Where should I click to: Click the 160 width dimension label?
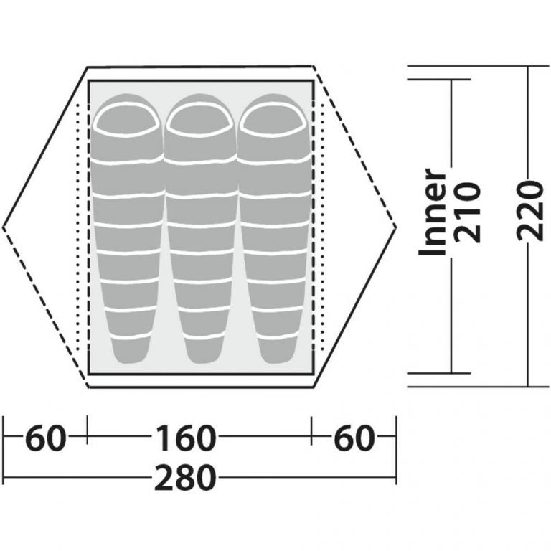click(x=185, y=438)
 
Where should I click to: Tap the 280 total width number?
click(x=185, y=478)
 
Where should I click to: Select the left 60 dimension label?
click(x=46, y=438)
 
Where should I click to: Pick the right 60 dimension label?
click(x=354, y=438)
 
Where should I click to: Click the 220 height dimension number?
click(x=529, y=210)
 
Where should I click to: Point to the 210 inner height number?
click(x=467, y=212)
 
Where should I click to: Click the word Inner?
click(x=432, y=212)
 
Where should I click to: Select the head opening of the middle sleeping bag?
click(x=199, y=120)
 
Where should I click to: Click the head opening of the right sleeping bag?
click(x=273, y=120)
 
